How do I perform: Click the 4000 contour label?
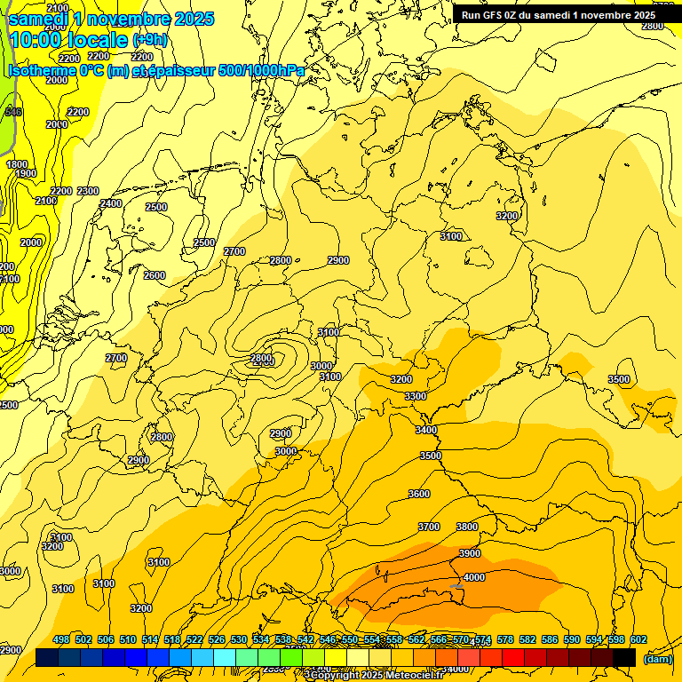474,577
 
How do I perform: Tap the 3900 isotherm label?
470,553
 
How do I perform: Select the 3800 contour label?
467,527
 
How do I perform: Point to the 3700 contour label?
429,527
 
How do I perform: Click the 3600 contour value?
419,494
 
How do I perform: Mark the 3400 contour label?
426,430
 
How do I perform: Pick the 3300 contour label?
415,396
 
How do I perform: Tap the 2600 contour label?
155,275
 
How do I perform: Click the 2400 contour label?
111,203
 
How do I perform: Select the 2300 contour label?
88,191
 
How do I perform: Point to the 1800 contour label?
17,164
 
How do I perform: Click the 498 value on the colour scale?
61,639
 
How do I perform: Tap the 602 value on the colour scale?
638,639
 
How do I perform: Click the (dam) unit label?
658,658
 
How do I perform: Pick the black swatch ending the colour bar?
624,657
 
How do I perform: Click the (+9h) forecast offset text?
149,40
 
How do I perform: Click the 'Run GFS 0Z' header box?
558,14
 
